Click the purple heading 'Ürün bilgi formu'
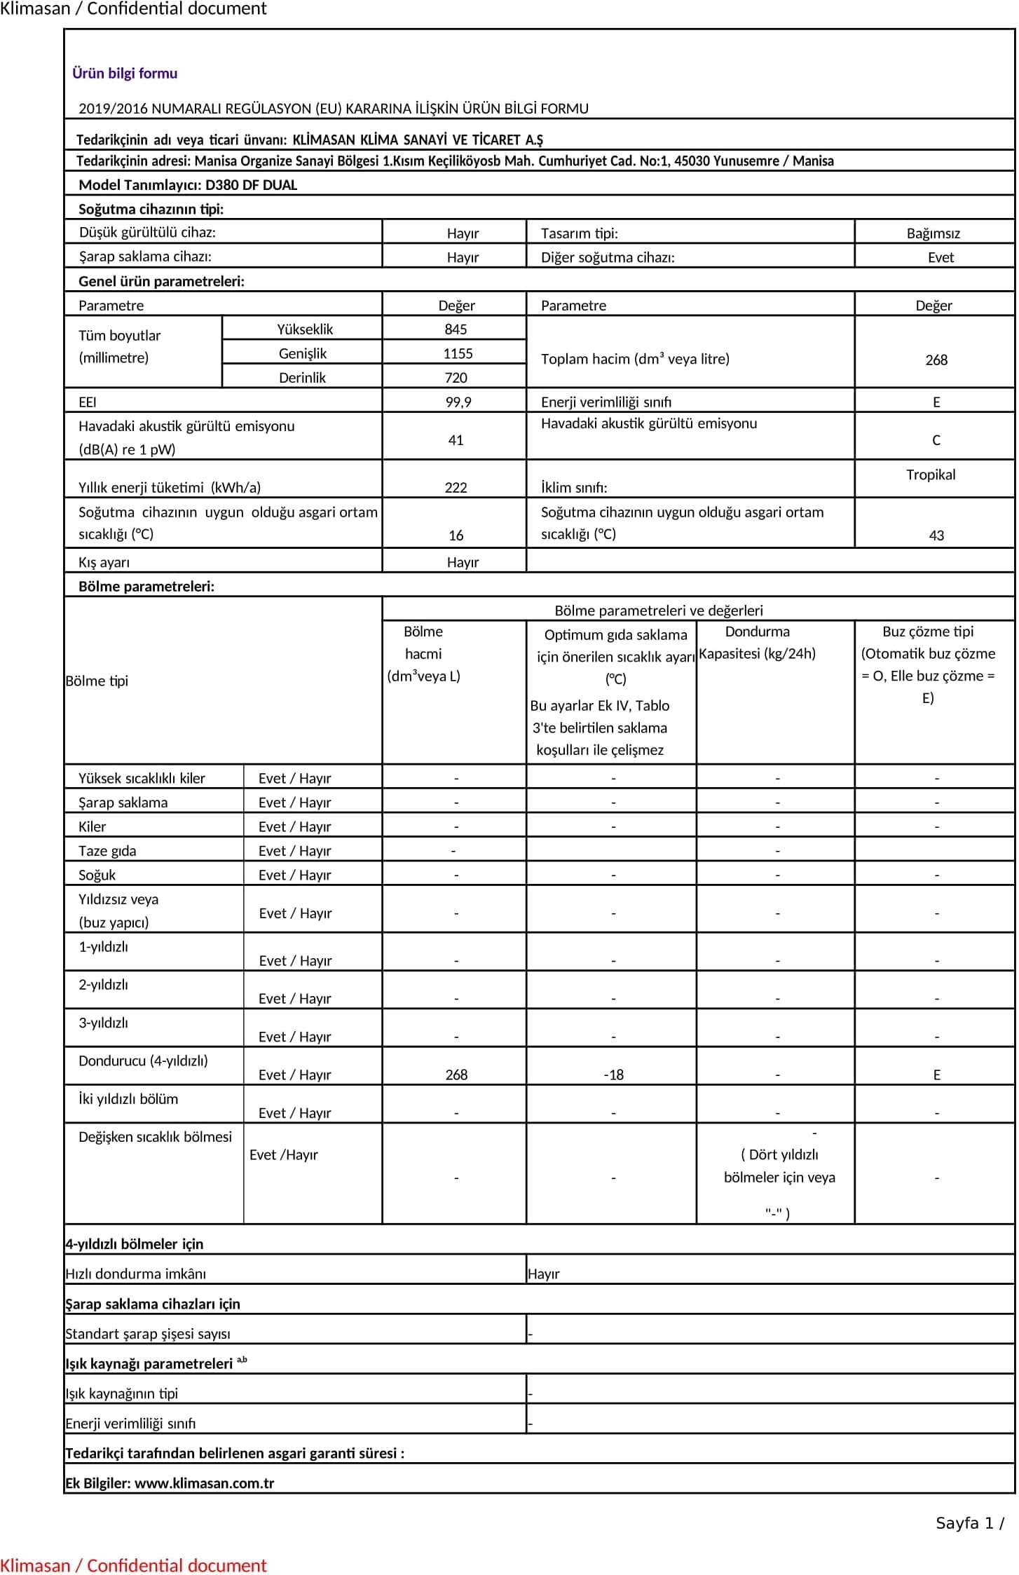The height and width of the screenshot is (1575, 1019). tap(125, 73)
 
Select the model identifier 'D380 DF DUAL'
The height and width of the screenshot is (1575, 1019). tap(251, 185)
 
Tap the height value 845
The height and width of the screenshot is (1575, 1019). tap(456, 329)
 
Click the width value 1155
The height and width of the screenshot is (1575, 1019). tap(458, 354)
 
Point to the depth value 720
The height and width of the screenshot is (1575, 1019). tap(456, 378)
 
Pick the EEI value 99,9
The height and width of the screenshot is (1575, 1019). tap(458, 402)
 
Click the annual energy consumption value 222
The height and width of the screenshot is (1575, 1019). tap(456, 488)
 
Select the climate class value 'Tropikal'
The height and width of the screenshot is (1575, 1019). tap(930, 475)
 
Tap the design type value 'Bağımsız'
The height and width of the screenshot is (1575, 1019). tap(933, 233)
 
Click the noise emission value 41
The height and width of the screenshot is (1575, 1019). tap(456, 440)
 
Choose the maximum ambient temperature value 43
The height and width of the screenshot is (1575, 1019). tap(936, 536)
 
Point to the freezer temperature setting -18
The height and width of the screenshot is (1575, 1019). tap(613, 1075)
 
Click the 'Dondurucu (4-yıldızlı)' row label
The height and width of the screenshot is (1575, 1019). tap(143, 1061)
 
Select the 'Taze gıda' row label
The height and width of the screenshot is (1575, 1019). tap(107, 851)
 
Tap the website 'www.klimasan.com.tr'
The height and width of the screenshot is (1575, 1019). tap(204, 1482)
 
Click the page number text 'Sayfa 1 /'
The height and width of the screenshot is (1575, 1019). tap(970, 1522)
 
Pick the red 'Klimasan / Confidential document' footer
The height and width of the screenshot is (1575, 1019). tap(133, 1565)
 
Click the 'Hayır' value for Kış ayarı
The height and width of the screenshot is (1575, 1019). tap(463, 562)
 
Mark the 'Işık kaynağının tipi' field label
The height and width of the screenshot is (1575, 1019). tap(121, 1393)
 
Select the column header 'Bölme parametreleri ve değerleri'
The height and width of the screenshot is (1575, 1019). tap(658, 611)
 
